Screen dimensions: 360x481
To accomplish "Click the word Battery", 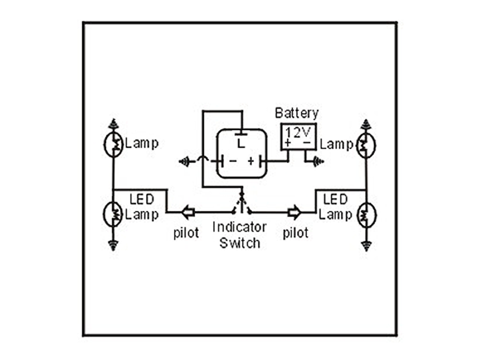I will pyautogui.click(x=296, y=113).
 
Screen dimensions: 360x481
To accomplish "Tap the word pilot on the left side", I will pyautogui.click(x=186, y=233).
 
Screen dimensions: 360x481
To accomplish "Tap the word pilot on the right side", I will pyautogui.click(x=296, y=233).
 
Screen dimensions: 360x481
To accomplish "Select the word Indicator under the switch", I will pyautogui.click(x=239, y=227).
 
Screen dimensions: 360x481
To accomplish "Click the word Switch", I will pyautogui.click(x=239, y=242).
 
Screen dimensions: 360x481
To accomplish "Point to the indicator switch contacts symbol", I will pyautogui.click(x=242, y=205).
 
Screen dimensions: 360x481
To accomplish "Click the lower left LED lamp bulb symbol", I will pyautogui.click(x=113, y=214).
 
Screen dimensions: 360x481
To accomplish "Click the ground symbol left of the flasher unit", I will pyautogui.click(x=184, y=162).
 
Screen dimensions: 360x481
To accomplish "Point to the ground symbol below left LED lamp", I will pyautogui.click(x=113, y=245).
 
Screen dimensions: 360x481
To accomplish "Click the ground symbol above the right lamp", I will pyautogui.click(x=366, y=124).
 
